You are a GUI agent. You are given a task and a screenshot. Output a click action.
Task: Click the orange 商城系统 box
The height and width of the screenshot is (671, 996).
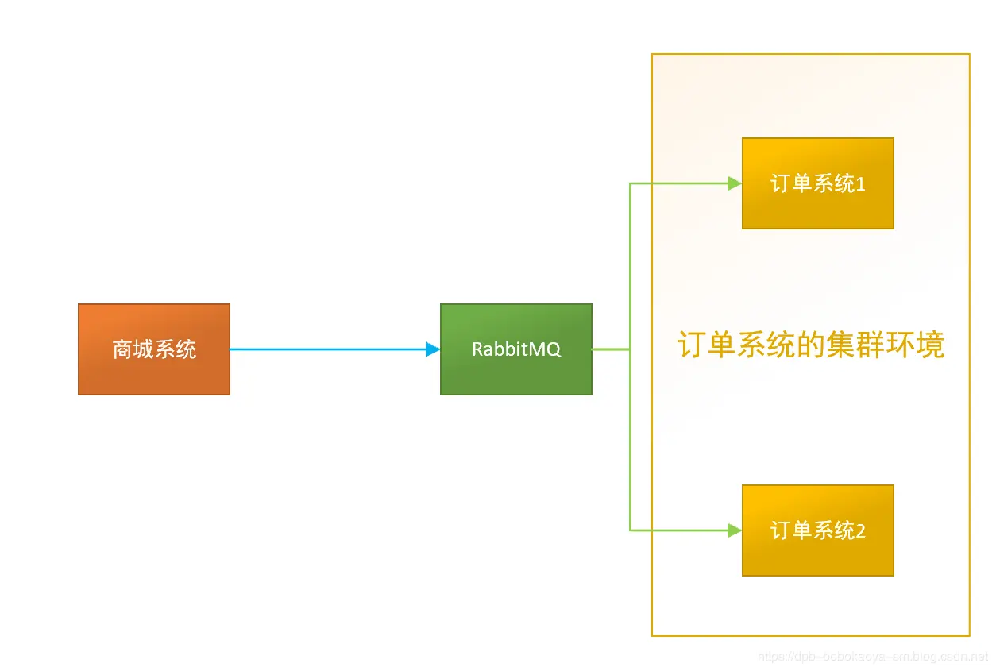click(153, 349)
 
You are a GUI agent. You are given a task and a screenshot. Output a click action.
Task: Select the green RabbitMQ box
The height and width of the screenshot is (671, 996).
click(515, 349)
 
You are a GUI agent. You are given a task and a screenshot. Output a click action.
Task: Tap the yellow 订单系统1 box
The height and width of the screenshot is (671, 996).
click(817, 183)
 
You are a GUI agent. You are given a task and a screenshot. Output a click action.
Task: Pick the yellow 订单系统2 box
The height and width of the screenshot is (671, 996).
click(817, 530)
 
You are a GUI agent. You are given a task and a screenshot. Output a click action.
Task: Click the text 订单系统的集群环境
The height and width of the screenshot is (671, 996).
click(811, 346)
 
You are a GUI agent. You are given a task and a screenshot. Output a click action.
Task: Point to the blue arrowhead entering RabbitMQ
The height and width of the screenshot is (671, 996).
click(433, 349)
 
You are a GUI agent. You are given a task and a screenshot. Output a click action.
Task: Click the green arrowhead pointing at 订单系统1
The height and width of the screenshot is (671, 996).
click(735, 183)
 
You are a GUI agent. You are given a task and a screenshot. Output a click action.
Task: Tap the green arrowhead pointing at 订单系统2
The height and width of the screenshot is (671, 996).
click(735, 530)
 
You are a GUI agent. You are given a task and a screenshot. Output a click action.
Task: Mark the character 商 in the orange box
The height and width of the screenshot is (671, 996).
click(122, 349)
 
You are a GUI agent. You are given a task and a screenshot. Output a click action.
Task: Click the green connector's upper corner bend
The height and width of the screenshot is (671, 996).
click(630, 184)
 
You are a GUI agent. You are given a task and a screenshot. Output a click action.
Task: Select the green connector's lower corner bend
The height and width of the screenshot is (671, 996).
click(630, 530)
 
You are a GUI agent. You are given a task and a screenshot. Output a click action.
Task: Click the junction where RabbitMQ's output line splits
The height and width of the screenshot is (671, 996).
click(630, 349)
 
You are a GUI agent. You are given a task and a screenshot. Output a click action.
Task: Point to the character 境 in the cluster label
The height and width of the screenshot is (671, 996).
click(930, 346)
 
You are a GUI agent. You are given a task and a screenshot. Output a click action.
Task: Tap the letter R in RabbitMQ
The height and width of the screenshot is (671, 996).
click(477, 349)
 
